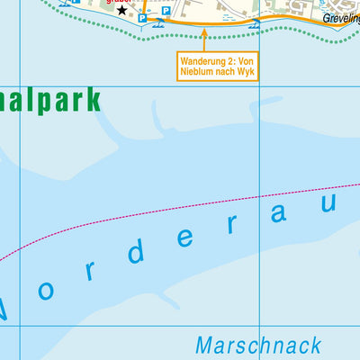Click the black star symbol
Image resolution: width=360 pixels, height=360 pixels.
pyautogui.click(x=123, y=9)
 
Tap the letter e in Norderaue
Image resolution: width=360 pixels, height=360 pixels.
pyautogui.click(x=187, y=238)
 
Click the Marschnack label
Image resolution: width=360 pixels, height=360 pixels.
pyautogui.click(x=256, y=345)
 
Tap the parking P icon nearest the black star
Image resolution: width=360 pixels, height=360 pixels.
pyautogui.click(x=143, y=17)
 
